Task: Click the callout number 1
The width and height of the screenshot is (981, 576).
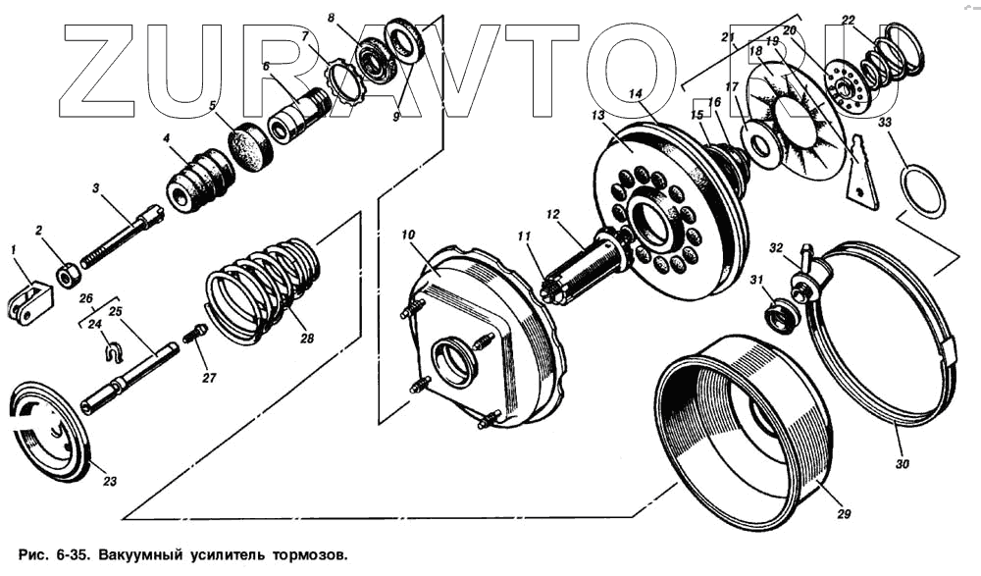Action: click(x=14, y=250)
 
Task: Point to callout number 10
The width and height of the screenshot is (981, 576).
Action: click(x=407, y=235)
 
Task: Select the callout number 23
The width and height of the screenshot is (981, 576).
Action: click(x=110, y=481)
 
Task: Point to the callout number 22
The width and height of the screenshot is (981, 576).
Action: click(x=848, y=20)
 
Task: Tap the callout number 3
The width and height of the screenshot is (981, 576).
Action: click(x=96, y=186)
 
